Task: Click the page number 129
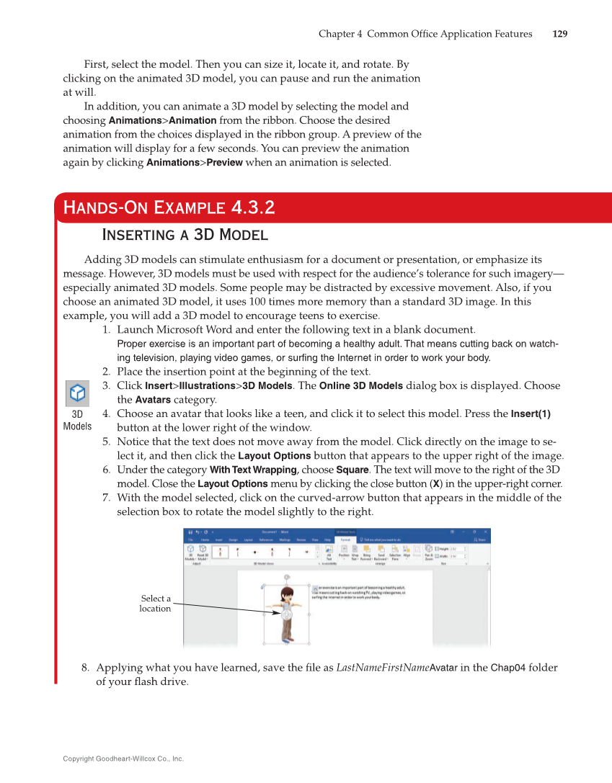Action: (x=560, y=34)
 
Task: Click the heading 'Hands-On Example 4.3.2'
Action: (x=169, y=208)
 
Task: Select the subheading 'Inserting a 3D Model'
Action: (x=186, y=235)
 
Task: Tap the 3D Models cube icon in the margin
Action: (x=77, y=395)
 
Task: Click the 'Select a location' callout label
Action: (x=155, y=604)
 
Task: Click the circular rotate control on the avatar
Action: (x=287, y=614)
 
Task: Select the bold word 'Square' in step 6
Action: (x=351, y=470)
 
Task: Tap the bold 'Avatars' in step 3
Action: (x=153, y=400)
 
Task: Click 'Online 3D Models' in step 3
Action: (x=360, y=385)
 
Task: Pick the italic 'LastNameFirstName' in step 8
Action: (x=382, y=668)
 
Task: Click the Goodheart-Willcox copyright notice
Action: (x=123, y=759)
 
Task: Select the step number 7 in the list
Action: (x=105, y=498)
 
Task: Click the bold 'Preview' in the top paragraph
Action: (x=225, y=163)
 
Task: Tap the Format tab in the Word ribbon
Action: (x=345, y=539)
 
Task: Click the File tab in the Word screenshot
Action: (x=191, y=539)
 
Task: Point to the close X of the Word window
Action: (x=487, y=532)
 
